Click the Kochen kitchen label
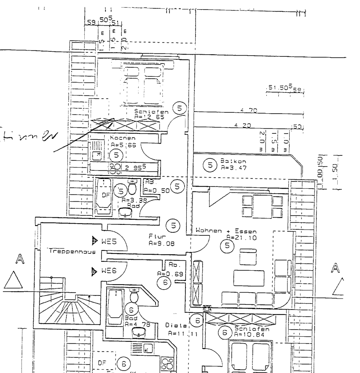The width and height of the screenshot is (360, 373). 123,138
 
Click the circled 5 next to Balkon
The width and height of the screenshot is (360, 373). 210,165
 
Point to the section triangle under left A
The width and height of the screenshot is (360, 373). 15,280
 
